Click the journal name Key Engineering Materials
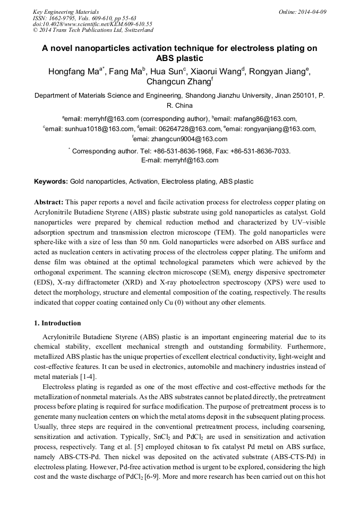66,11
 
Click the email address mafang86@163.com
265,119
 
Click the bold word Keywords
50,182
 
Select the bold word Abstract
49,202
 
